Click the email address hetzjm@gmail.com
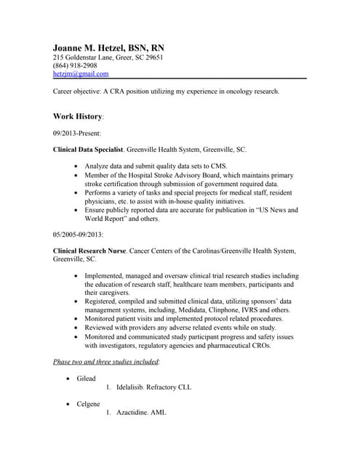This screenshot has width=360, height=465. pos(81,74)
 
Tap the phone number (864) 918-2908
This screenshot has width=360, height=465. pos(75,65)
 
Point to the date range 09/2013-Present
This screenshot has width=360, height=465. pos(77,134)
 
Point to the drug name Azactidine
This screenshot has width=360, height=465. pos(135,413)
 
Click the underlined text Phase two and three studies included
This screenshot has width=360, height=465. pos(106,362)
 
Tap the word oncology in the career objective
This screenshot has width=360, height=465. pos(225,92)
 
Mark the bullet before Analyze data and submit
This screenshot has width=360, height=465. pos(77,167)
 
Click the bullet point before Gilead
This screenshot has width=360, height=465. pos(68,379)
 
